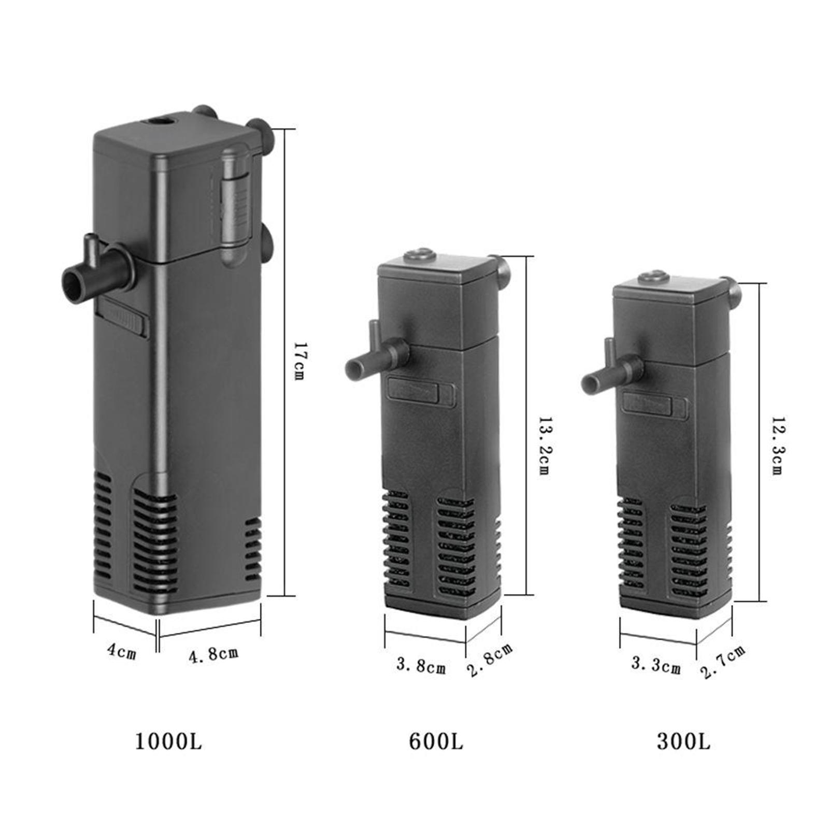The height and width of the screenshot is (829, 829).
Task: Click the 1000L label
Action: pyautogui.click(x=168, y=741)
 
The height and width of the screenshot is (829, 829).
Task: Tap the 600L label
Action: pyautogui.click(x=436, y=741)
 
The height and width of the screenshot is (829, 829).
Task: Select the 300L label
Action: pyautogui.click(x=683, y=741)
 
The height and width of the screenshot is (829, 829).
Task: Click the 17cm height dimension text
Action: pyautogui.click(x=299, y=361)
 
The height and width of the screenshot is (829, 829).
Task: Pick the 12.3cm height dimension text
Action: pyautogui.click(x=777, y=446)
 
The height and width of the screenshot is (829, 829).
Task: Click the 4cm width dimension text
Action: pyautogui.click(x=122, y=651)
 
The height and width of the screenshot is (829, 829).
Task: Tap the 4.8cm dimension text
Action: pyautogui.click(x=213, y=655)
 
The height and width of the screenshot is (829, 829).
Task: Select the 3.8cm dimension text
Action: pyautogui.click(x=421, y=666)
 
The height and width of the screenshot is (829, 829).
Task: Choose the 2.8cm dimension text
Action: pyautogui.click(x=490, y=660)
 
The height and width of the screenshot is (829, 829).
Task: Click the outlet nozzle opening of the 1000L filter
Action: pyautogui.click(x=71, y=282)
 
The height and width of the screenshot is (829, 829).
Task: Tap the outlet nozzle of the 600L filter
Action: pyautogui.click(x=354, y=367)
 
